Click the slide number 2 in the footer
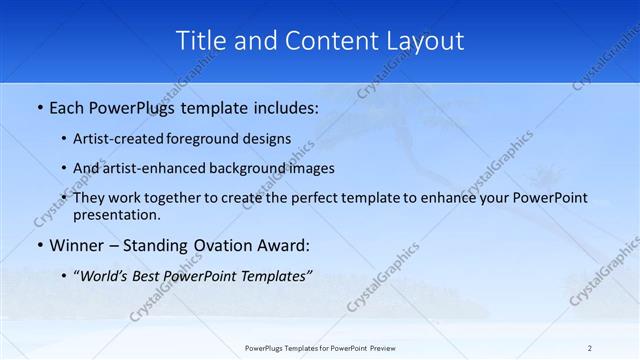click(x=589, y=347)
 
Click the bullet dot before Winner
click(x=39, y=245)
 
